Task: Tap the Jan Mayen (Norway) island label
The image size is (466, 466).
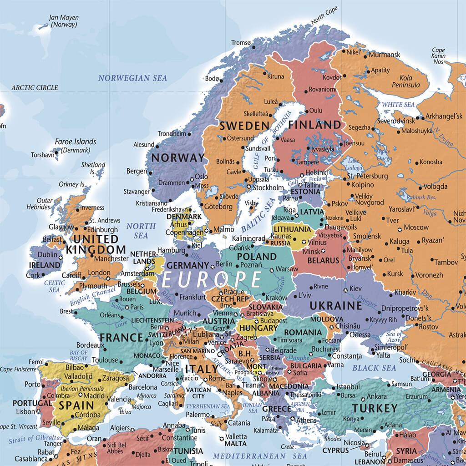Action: click(x=64, y=21)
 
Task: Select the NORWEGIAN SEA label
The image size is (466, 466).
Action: click(x=133, y=78)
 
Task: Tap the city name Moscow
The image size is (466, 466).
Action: click(x=416, y=227)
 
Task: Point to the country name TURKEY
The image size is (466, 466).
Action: click(x=374, y=407)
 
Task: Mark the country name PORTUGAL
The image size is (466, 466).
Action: click(x=32, y=403)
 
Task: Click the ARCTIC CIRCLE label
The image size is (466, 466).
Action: click(x=35, y=87)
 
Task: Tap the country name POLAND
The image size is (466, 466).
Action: click(x=256, y=256)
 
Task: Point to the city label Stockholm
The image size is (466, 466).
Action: click(x=268, y=187)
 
